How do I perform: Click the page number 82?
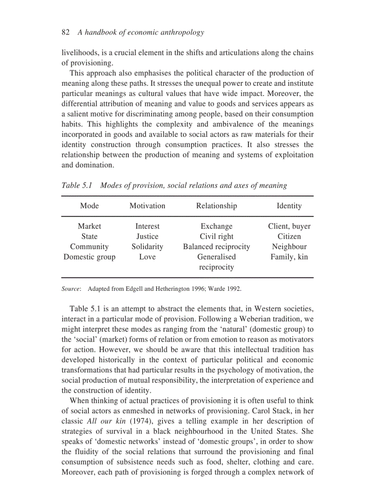pos(65,32)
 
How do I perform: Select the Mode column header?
pos(89,206)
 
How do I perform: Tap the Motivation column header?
pos(147,206)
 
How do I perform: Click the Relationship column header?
pos(216,206)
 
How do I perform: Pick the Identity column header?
pos(289,206)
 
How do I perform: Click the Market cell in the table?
pos(89,226)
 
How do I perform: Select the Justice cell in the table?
pos(147,237)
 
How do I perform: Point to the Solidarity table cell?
pos(147,247)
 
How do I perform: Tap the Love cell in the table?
pos(147,257)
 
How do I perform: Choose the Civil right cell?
pos(216,237)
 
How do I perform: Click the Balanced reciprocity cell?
pos(216,247)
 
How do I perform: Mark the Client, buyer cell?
pos(289,226)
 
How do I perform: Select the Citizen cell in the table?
pos(289,237)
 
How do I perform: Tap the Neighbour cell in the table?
pos(289,247)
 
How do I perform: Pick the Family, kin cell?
pos(289,257)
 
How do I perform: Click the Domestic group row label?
pos(89,257)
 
